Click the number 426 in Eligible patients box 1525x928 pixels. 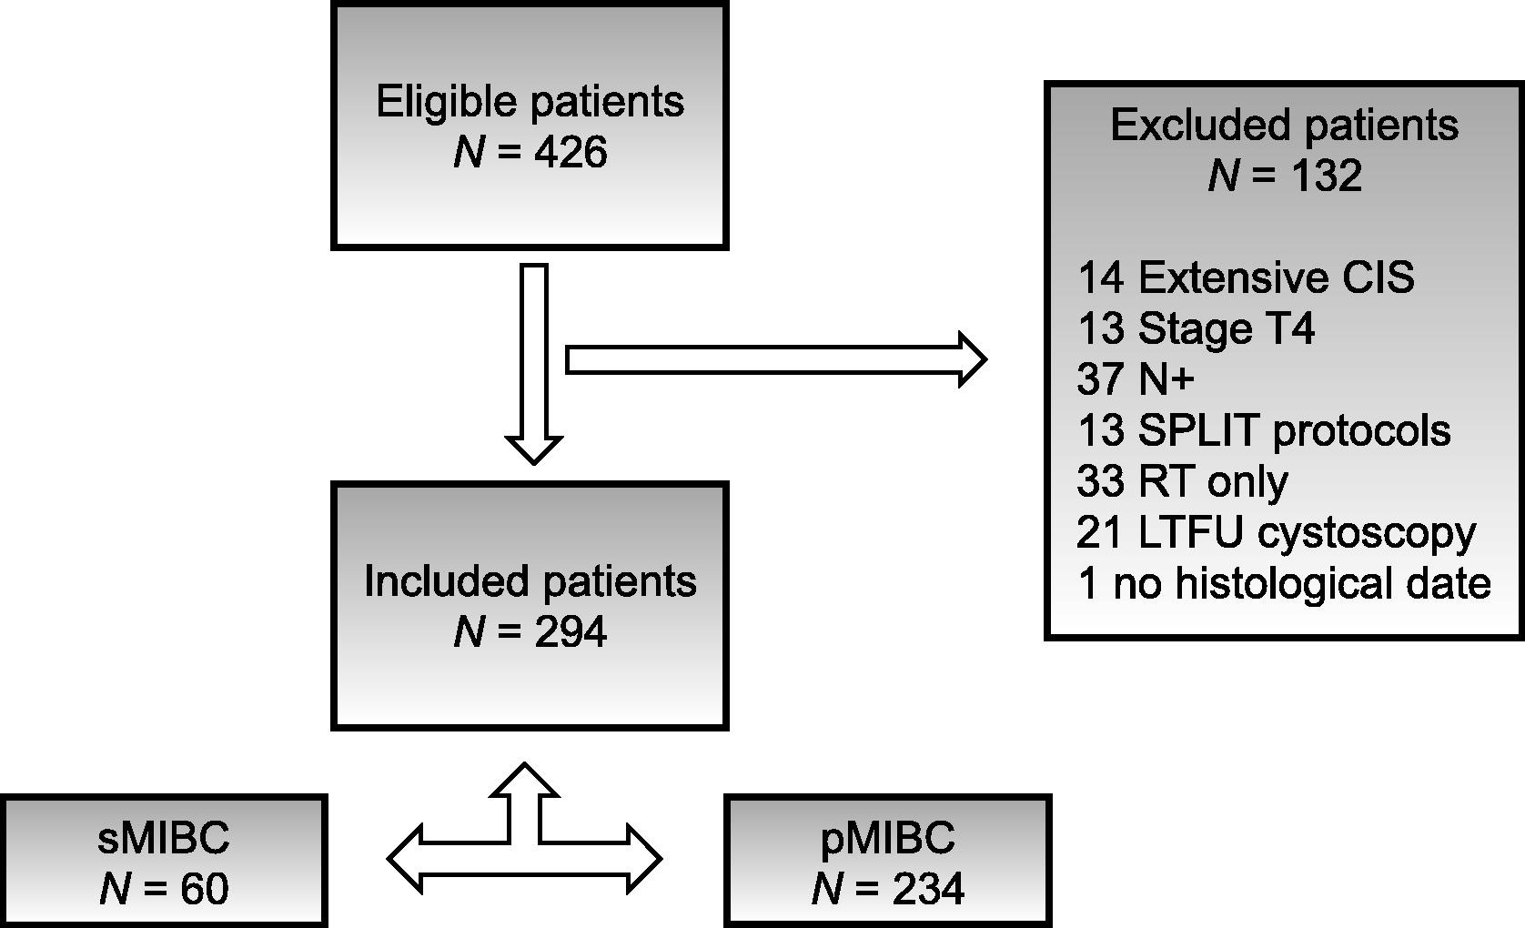(x=571, y=152)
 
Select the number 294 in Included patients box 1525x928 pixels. (x=571, y=631)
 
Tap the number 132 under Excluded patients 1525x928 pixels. (x=1325, y=176)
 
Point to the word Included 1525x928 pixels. (x=447, y=581)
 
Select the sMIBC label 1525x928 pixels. (x=164, y=837)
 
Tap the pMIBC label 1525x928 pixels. (x=888, y=837)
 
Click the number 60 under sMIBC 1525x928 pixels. (x=205, y=889)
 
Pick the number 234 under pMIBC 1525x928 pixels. (x=929, y=889)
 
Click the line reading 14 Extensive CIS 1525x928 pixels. (x=1246, y=277)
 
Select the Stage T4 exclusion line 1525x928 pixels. (x=1197, y=328)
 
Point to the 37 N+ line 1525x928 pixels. (x=1136, y=379)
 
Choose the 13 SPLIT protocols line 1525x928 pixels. (x=1264, y=431)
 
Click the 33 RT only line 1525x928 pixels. (x=1183, y=482)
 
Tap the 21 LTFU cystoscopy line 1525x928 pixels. (x=1277, y=533)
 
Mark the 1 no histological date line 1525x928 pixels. (x=1285, y=584)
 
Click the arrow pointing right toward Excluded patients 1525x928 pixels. (x=776, y=359)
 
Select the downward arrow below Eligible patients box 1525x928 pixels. (x=534, y=364)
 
